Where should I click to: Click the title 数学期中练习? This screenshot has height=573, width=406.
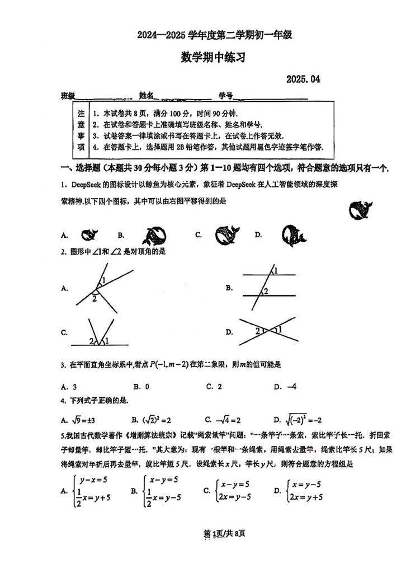(213, 57)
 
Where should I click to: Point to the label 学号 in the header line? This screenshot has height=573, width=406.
(225, 96)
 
